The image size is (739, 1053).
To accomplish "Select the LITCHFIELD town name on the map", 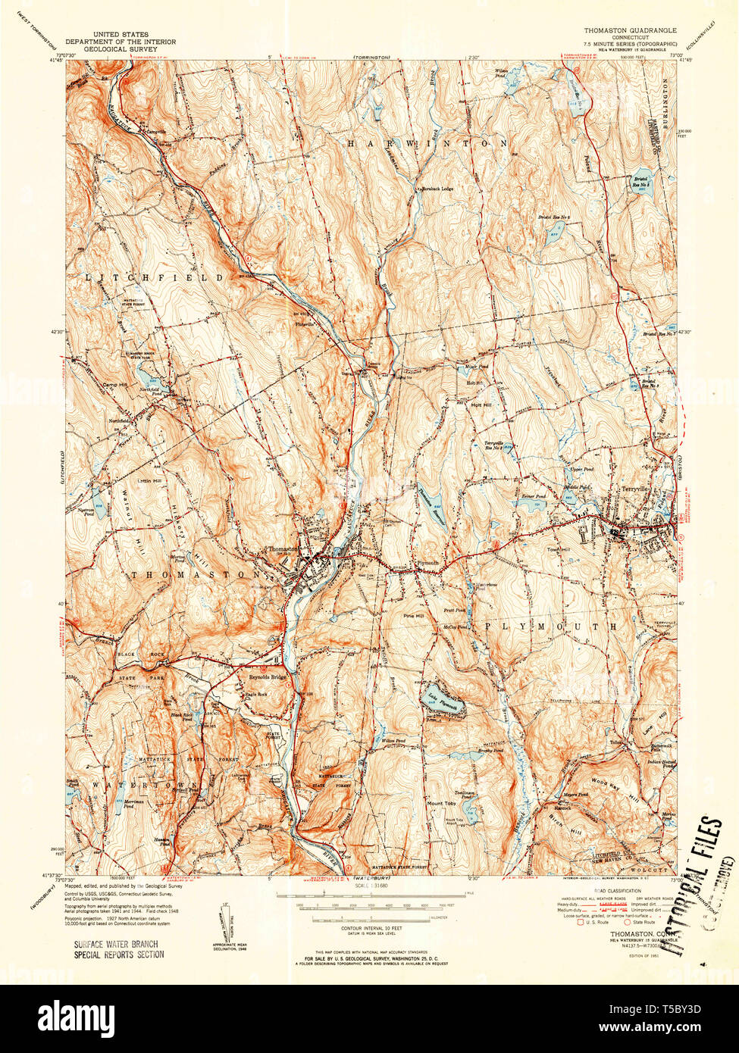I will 155,278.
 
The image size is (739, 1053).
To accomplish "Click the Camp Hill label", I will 116,386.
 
